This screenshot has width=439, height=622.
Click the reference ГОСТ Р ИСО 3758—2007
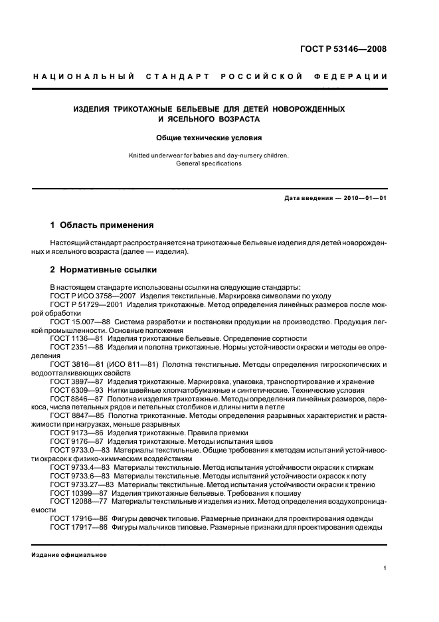[x=92, y=294]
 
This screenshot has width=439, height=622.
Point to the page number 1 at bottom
[x=385, y=568]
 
